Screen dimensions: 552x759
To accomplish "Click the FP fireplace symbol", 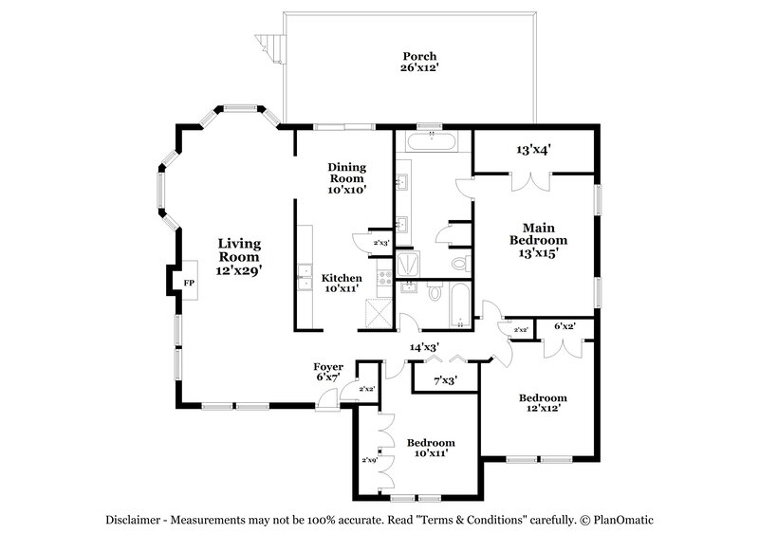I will (x=188, y=283).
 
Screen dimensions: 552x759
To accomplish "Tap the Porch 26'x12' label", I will (x=418, y=62).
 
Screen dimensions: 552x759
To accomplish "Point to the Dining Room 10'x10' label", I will (x=347, y=178).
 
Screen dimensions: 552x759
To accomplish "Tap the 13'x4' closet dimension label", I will (x=533, y=149).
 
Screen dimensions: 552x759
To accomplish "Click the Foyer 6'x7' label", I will (x=327, y=372).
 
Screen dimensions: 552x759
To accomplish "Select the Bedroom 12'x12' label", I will (x=543, y=402).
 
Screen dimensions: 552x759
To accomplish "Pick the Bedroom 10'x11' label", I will (x=431, y=448).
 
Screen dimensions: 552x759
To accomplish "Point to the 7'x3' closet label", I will (x=445, y=380).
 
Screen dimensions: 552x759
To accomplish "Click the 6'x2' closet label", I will (x=564, y=326).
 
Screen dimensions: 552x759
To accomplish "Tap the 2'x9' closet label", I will (x=369, y=460).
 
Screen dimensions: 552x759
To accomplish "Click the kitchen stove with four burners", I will (x=384, y=279).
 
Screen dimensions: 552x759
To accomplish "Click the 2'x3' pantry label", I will (x=381, y=244).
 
